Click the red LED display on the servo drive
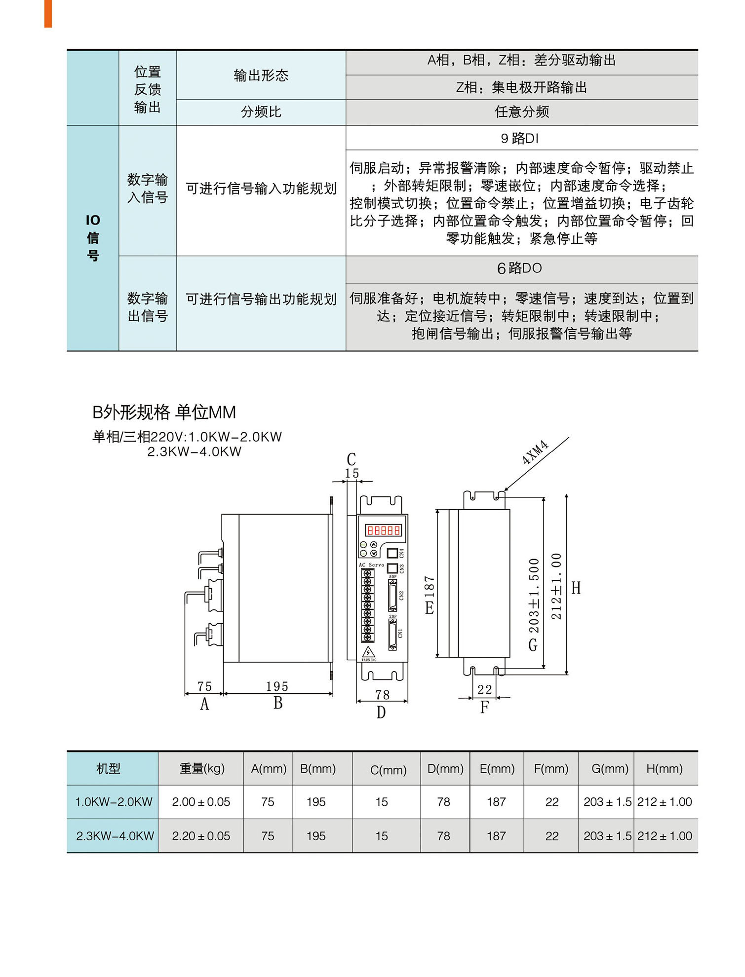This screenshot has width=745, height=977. (x=383, y=530)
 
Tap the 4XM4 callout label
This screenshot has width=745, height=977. (x=535, y=452)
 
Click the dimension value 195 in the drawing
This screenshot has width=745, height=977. (x=277, y=686)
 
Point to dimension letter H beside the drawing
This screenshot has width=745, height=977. (x=576, y=588)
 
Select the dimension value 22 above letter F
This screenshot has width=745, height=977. (x=484, y=689)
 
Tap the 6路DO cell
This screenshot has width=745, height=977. (x=520, y=268)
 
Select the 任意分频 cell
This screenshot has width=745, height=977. (x=522, y=112)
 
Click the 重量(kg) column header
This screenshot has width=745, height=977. (x=202, y=768)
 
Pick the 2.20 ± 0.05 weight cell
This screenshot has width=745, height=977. (x=201, y=836)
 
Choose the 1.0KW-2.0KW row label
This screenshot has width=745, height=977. (x=114, y=802)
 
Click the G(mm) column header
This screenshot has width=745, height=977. (x=610, y=768)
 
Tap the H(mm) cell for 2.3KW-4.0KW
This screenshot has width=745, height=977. (x=665, y=836)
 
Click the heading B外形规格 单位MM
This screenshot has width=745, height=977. (x=164, y=412)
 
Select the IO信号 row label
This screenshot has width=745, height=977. (x=93, y=238)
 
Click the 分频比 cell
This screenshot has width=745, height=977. (x=261, y=112)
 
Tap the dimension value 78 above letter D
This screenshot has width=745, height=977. (x=382, y=695)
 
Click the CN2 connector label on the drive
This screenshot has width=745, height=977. (x=401, y=596)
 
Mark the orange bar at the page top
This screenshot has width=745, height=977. (x=48, y=13)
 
